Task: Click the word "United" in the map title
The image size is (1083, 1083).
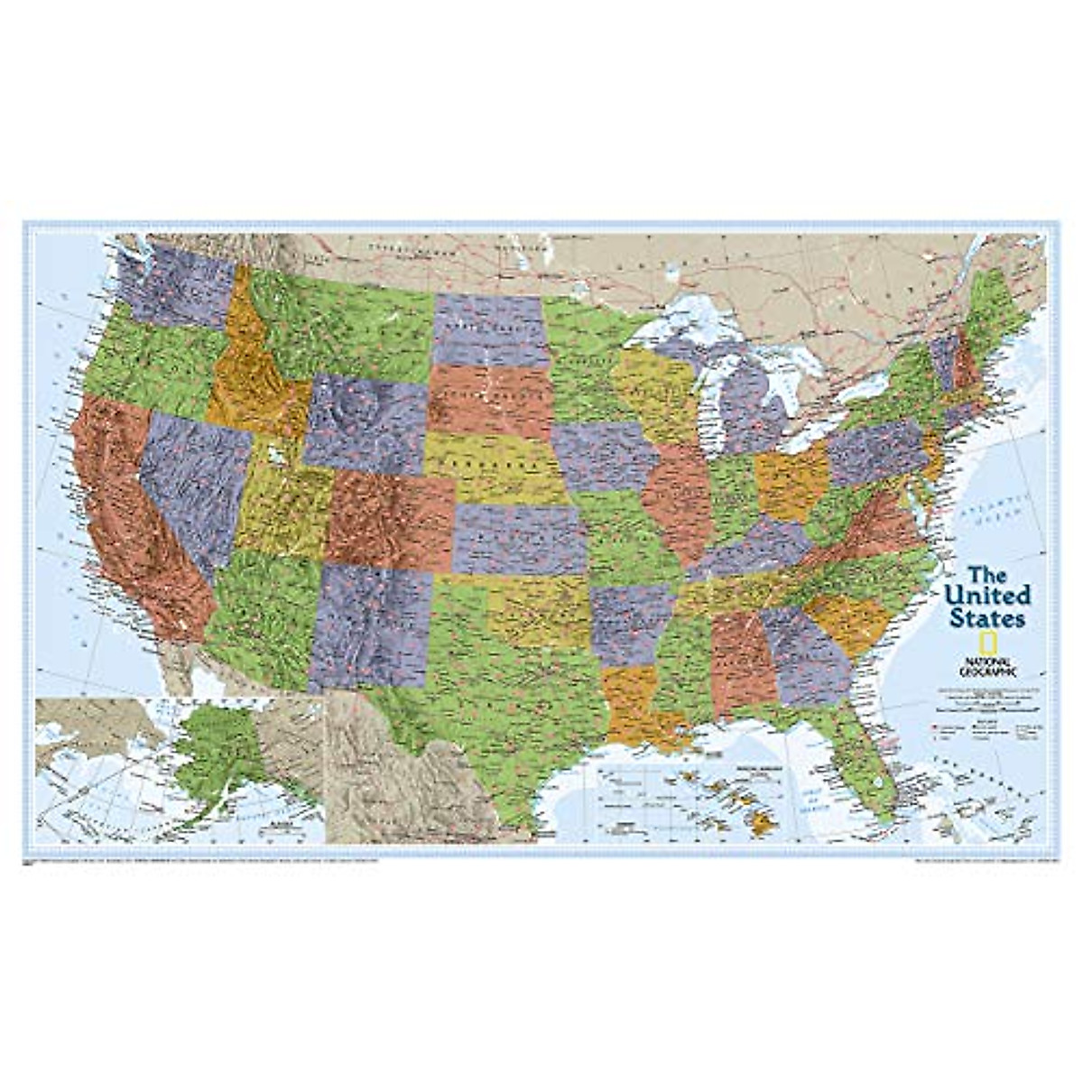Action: coord(988,596)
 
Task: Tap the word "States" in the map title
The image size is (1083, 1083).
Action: coord(986,619)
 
